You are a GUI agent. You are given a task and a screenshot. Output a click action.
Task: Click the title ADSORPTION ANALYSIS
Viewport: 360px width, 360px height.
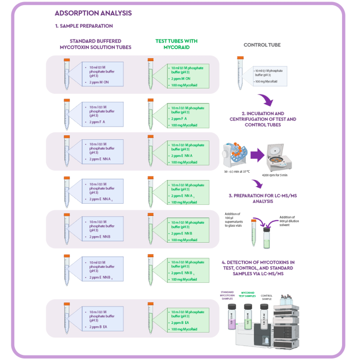click(x=93, y=13)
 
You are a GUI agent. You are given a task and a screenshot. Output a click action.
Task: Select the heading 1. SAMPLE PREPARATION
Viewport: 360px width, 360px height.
click(x=84, y=26)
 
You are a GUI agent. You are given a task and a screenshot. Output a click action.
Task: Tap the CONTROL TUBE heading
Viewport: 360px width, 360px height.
click(x=262, y=45)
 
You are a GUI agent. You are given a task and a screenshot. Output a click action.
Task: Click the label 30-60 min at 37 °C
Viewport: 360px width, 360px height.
click(x=237, y=171)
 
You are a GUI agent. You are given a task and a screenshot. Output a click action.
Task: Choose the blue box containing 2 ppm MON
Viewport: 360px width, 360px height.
click(x=103, y=74)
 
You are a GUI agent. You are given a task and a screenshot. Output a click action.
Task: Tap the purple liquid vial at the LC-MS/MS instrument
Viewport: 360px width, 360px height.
click(x=231, y=316)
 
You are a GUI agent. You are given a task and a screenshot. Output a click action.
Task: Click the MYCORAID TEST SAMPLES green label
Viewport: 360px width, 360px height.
click(x=248, y=294)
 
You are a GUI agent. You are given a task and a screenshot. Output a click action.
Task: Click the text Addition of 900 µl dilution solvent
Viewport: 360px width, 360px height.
click(x=287, y=221)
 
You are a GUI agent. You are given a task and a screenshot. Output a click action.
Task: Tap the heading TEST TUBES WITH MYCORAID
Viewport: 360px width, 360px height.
click(x=176, y=44)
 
